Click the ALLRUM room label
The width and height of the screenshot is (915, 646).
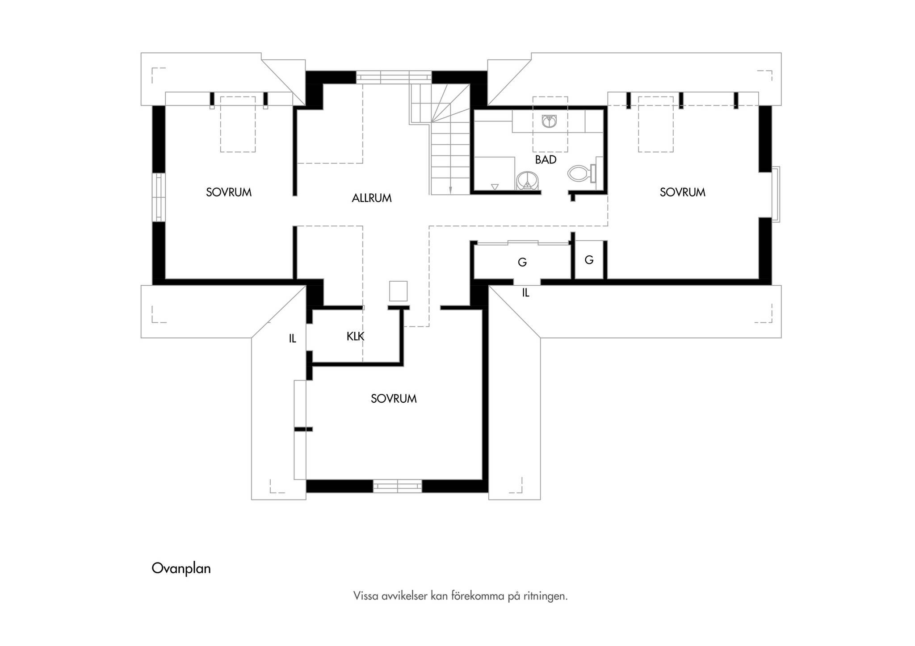371,198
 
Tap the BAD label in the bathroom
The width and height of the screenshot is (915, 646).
546,160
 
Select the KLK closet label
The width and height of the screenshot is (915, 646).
355,337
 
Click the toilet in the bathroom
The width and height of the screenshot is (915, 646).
582,173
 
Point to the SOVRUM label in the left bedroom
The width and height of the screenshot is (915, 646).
229,192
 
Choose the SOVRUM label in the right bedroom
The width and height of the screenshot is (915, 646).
682,192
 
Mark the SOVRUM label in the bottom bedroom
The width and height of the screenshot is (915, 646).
394,399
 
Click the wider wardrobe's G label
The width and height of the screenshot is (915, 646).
522,263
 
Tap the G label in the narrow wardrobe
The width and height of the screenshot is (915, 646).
589,260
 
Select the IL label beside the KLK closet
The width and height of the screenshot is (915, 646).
292,339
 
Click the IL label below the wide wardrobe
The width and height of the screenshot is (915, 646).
525,293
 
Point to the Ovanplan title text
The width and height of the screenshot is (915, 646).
181,568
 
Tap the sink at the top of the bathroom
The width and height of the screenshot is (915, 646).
549,121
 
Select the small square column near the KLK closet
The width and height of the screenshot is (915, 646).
398,291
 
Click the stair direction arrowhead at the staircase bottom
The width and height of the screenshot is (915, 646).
450,191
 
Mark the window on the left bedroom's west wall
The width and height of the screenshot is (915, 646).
159,197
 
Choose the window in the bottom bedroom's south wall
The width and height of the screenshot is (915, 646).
397,486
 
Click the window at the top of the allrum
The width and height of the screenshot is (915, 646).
394,77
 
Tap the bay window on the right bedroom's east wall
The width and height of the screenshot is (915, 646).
776,194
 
